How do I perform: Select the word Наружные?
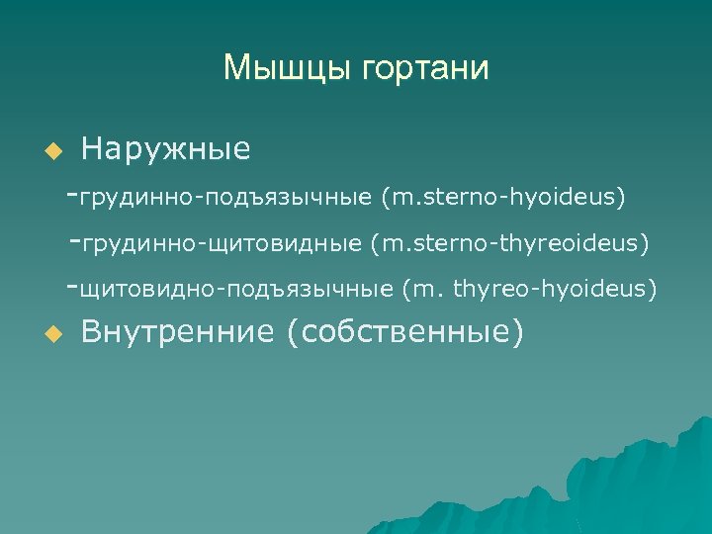(165, 150)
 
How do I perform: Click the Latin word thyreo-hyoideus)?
(555, 289)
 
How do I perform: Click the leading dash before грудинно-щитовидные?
(77, 240)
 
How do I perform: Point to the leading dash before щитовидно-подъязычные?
(70, 287)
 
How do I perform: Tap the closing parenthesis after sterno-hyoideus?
(622, 197)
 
